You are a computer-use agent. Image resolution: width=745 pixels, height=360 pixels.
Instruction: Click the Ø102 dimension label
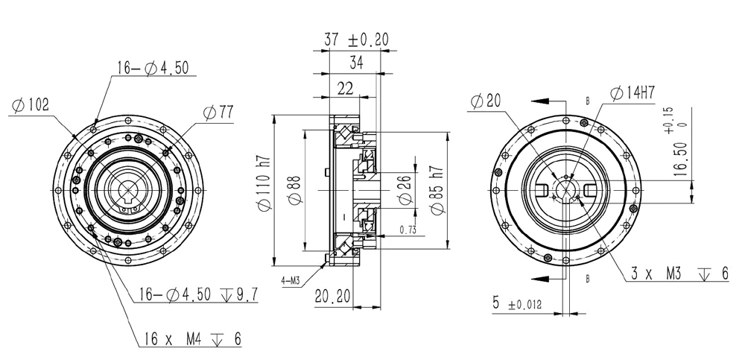point(31,106)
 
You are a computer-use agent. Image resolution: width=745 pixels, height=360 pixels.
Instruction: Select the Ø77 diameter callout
point(218,113)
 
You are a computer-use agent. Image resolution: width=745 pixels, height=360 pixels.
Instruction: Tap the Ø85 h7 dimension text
point(437,192)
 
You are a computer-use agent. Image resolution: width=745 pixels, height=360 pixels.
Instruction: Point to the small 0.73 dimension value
point(408,230)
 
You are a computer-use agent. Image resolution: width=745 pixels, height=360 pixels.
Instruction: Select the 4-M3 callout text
point(292,281)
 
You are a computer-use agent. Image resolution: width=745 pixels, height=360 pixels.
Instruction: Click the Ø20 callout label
point(485,101)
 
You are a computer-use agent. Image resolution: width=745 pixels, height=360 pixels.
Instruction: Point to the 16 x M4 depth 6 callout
point(191,339)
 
